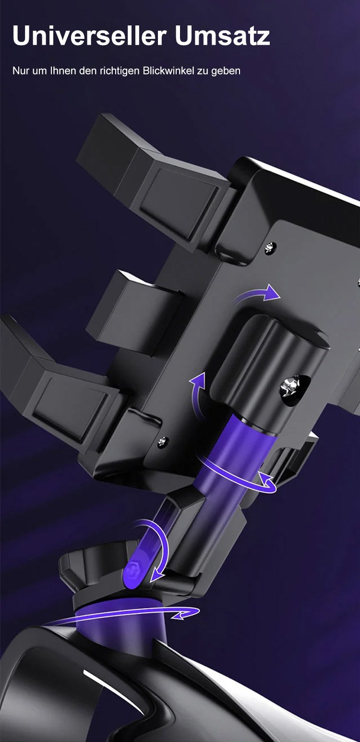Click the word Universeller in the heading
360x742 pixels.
click(x=89, y=36)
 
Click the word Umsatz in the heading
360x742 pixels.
click(x=223, y=36)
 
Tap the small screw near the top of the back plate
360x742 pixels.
click(x=271, y=247)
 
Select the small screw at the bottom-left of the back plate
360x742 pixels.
click(x=162, y=441)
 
